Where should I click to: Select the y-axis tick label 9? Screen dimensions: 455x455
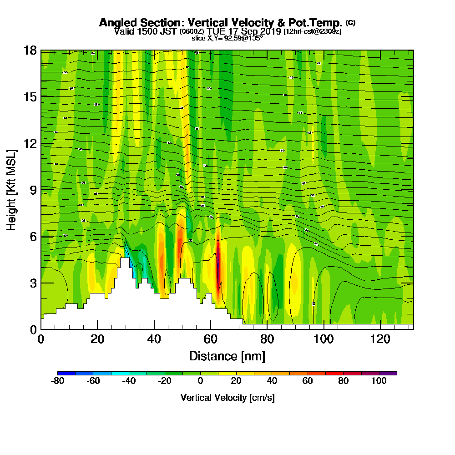tap(33, 190)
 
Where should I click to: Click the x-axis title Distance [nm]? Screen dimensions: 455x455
tap(227, 356)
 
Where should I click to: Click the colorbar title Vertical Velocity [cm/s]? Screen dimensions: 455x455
tap(227, 398)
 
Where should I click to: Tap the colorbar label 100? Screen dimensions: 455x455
tap(379, 381)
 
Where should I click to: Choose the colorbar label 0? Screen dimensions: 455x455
tap(200, 381)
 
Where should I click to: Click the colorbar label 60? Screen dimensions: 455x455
tap(308, 381)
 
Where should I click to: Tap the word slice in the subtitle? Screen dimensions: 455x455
tap(199, 39)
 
